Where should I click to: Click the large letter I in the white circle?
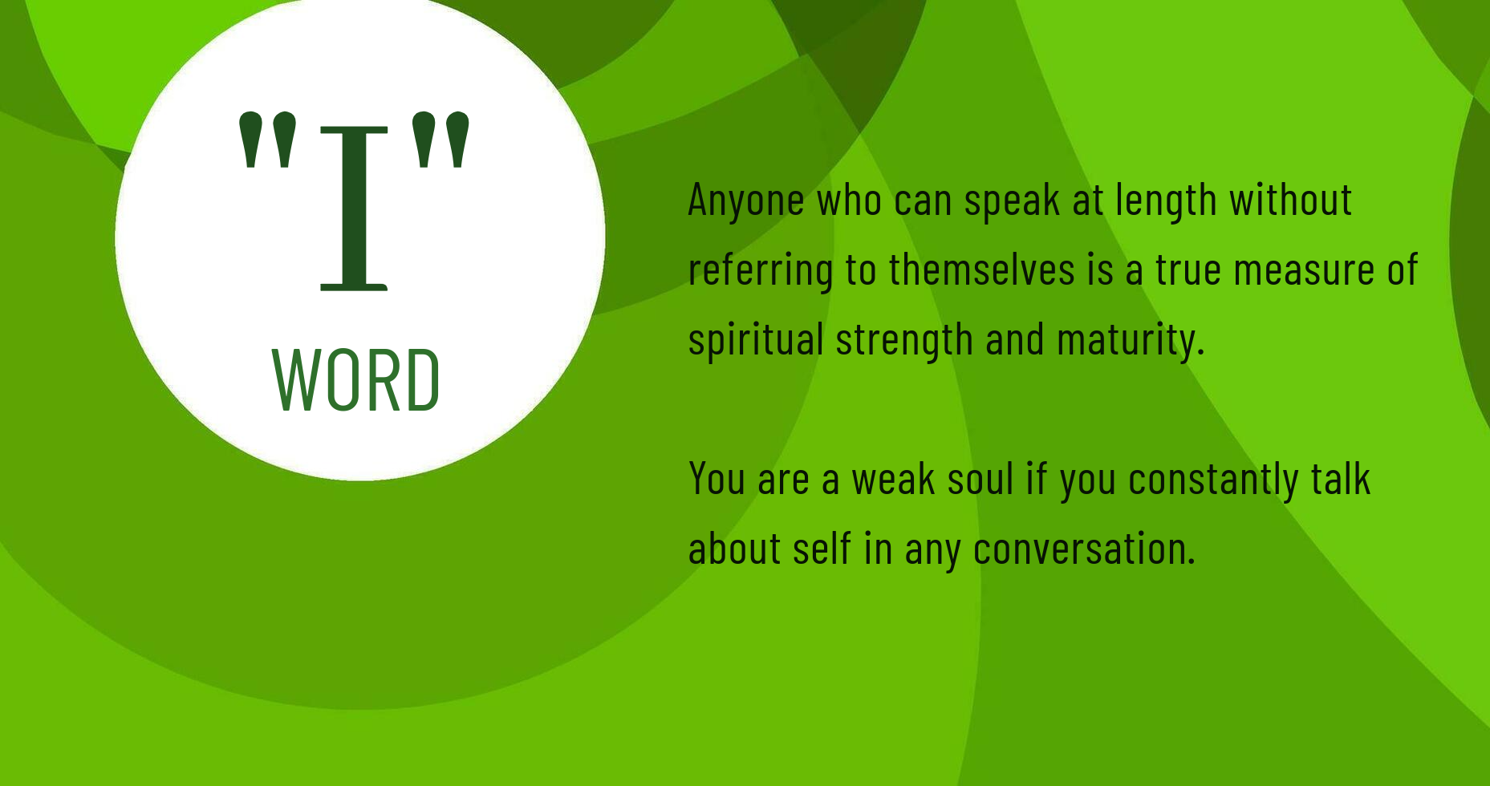pos(354,208)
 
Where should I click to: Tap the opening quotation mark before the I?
pos(268,141)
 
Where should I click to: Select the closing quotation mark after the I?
pos(440,141)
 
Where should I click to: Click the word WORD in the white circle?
pos(356,380)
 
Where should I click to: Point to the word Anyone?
pos(746,201)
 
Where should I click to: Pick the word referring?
pos(761,270)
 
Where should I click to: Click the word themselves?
pos(982,269)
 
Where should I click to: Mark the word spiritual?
pos(756,340)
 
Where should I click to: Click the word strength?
pos(904,340)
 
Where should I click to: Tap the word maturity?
pos(1131,340)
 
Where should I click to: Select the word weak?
pos(893,479)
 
